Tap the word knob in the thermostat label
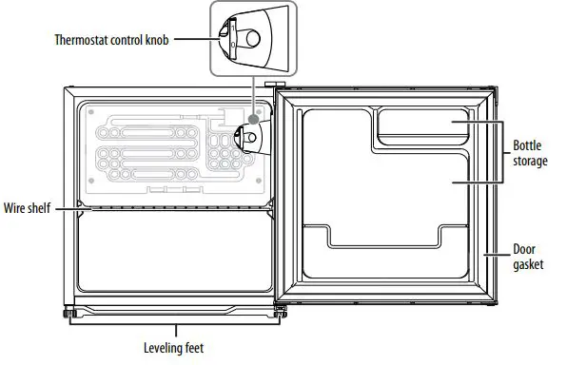click(x=156, y=40)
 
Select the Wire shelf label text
click(x=27, y=207)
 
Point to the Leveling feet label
click(x=173, y=348)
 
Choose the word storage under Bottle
click(x=530, y=162)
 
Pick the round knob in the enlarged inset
click(x=252, y=38)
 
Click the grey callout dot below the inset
click(x=252, y=124)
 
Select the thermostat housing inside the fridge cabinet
click(x=250, y=138)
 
